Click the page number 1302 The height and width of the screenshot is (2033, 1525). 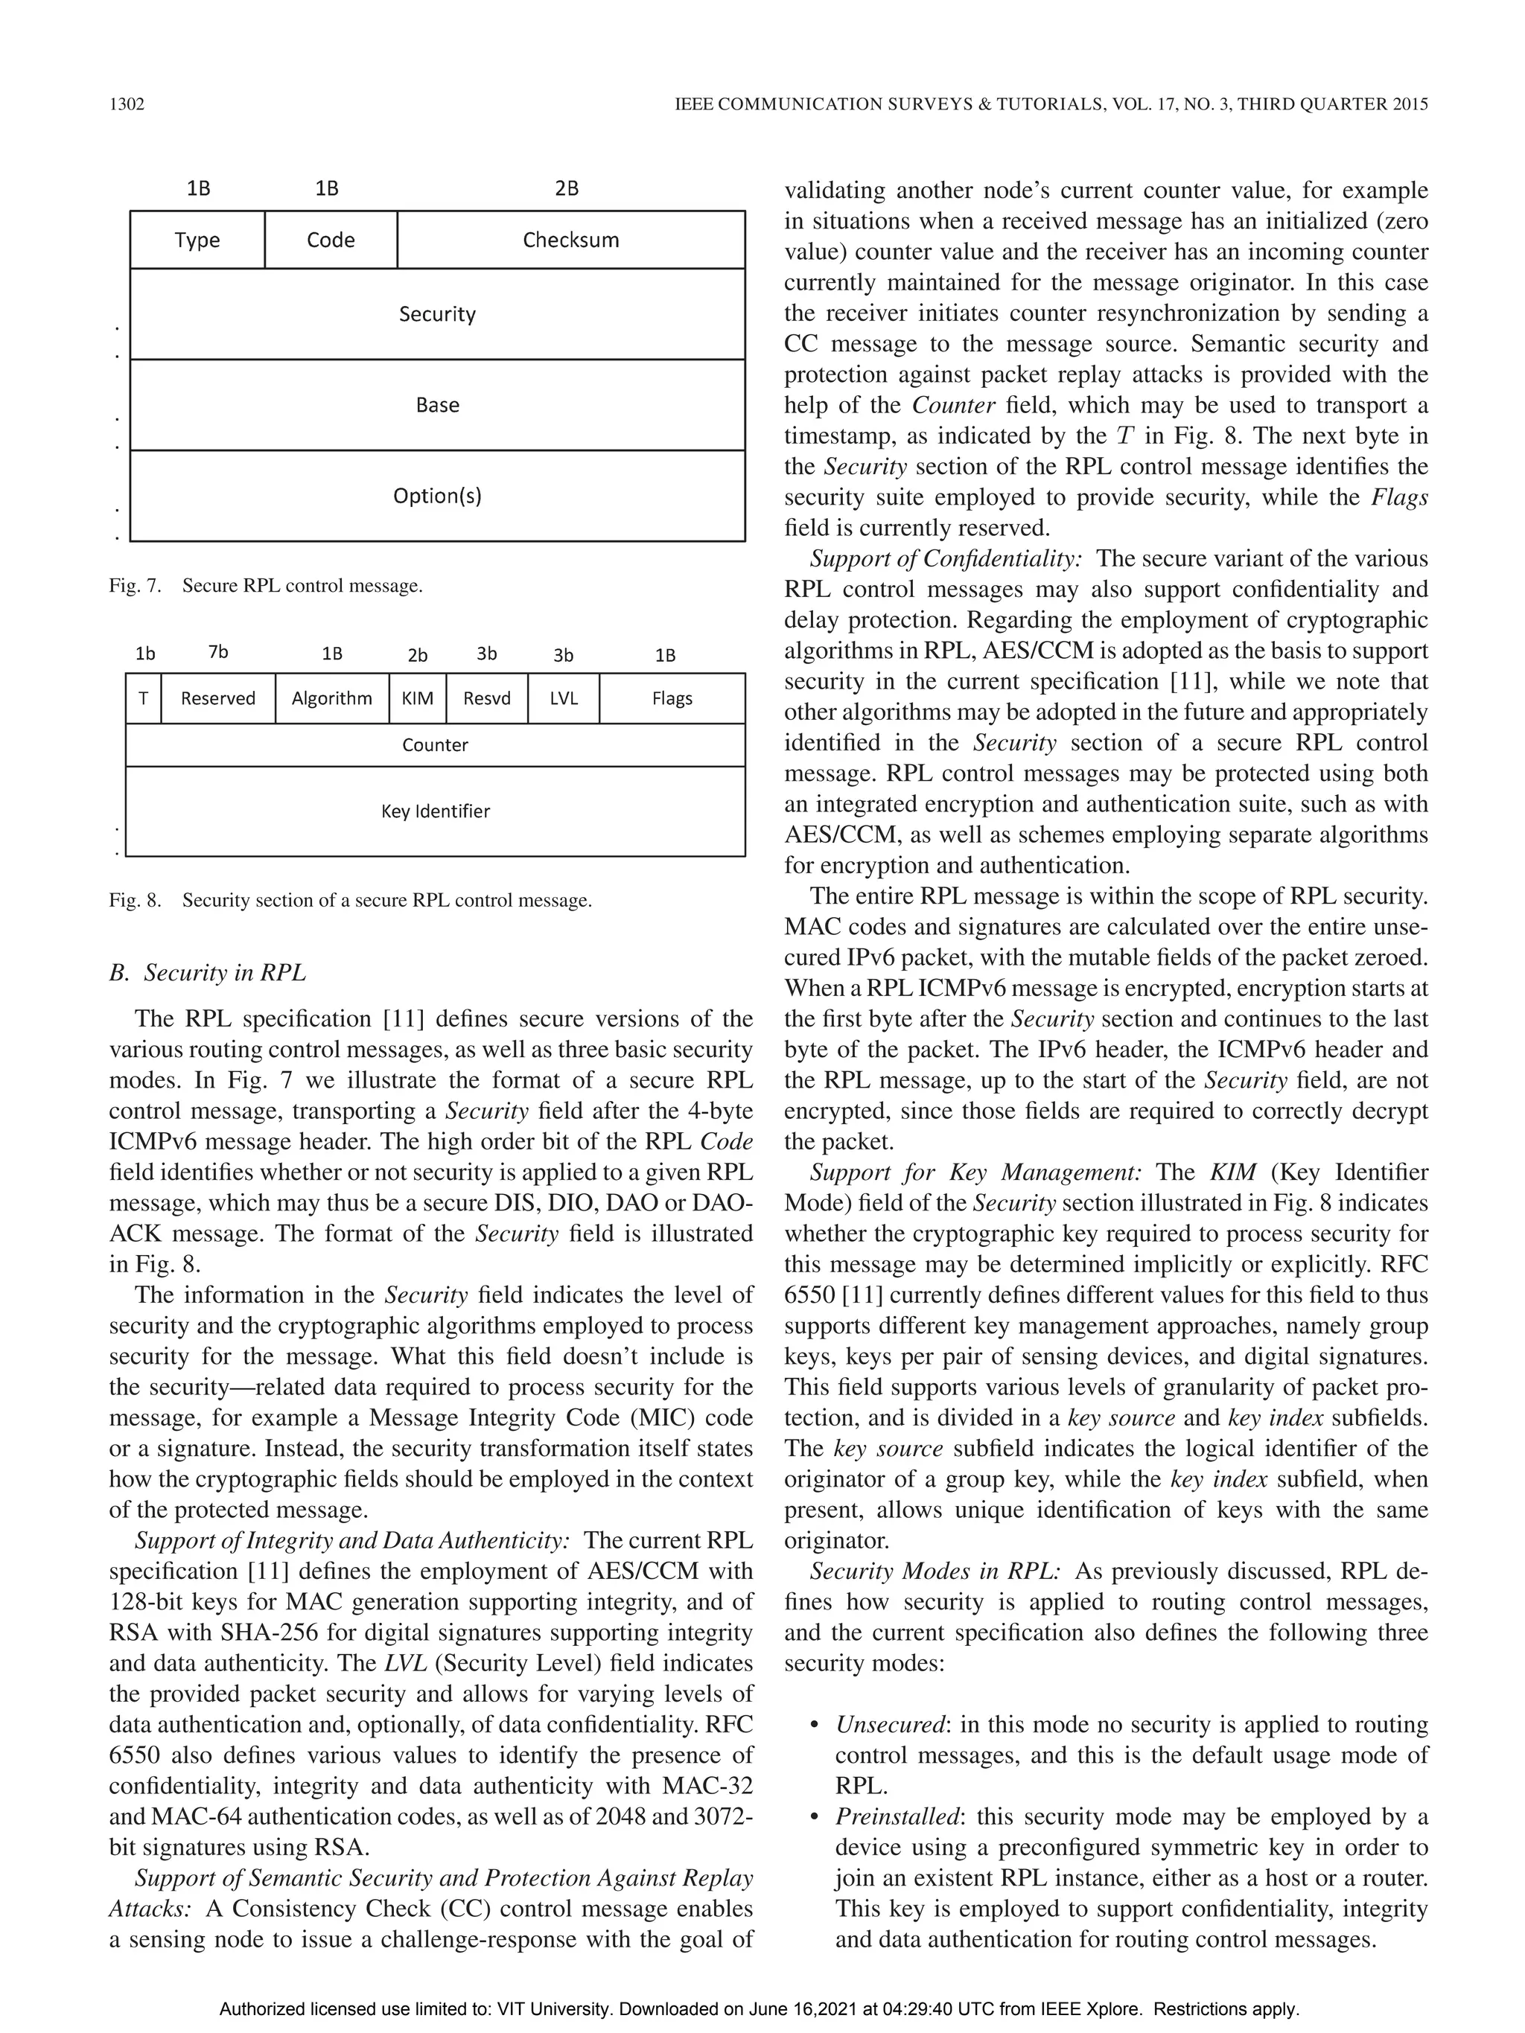click(x=127, y=104)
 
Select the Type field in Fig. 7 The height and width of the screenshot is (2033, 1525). click(x=197, y=240)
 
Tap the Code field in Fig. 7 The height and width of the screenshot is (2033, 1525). click(x=331, y=240)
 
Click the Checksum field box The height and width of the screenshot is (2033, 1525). click(x=571, y=240)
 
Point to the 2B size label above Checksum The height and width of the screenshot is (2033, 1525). click(x=567, y=188)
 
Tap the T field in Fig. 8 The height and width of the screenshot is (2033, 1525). click(x=144, y=698)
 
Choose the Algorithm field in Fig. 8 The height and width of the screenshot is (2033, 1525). click(x=332, y=698)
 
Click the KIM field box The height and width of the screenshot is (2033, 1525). click(x=417, y=698)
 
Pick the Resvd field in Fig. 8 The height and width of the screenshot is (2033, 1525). click(x=486, y=698)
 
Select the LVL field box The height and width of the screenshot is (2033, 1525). click(x=564, y=698)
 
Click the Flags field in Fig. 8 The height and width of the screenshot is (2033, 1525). click(x=672, y=698)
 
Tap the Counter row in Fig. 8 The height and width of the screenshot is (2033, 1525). click(x=435, y=745)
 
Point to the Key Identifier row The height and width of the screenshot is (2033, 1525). click(x=435, y=811)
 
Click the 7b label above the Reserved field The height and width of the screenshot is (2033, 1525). click(x=218, y=653)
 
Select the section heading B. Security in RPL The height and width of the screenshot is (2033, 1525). click(x=208, y=972)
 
